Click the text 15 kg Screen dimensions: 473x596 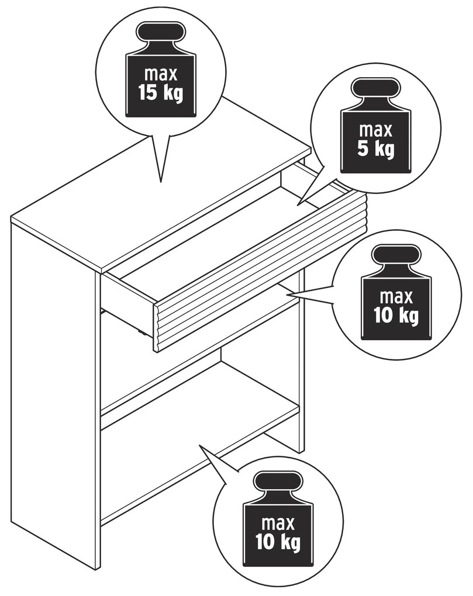(x=160, y=93)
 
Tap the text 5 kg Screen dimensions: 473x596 (x=376, y=149)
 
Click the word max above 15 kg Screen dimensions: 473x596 (x=161, y=74)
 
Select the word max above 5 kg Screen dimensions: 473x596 (x=376, y=131)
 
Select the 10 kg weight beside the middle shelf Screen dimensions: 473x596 (x=396, y=292)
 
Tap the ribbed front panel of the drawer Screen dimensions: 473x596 (x=260, y=271)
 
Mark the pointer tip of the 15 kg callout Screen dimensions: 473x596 (x=161, y=182)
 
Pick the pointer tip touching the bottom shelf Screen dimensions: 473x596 (x=199, y=445)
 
